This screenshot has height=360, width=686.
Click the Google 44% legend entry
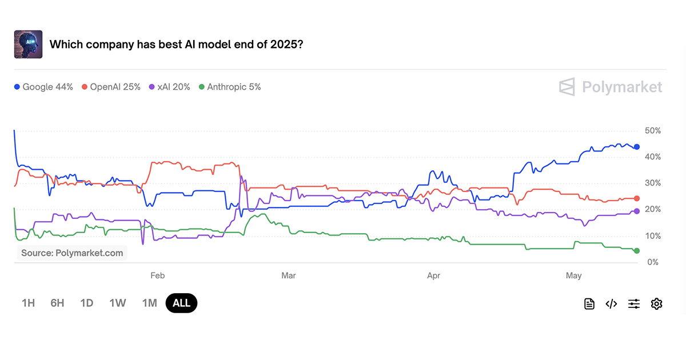(44, 87)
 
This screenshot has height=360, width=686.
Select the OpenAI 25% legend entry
(111, 87)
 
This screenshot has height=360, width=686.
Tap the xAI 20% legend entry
(170, 87)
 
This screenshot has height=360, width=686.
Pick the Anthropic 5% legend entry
(230, 87)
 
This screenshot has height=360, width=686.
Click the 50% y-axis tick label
(652, 131)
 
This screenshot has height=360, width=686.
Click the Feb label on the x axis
(158, 275)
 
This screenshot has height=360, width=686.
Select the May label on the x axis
(574, 275)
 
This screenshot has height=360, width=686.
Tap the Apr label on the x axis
(434, 275)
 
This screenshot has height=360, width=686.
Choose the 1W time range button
(118, 303)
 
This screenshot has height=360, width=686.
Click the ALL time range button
(181, 303)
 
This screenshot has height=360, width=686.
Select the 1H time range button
(28, 303)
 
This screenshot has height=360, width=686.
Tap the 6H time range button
(57, 303)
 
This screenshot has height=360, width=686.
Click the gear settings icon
(656, 304)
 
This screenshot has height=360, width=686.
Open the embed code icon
(611, 304)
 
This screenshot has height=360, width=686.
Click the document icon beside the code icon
(589, 304)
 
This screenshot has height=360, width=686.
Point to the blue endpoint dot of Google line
(637, 147)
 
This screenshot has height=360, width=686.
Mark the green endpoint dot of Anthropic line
(637, 251)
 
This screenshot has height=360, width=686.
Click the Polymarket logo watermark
(611, 87)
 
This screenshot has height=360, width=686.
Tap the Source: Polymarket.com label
(72, 253)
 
